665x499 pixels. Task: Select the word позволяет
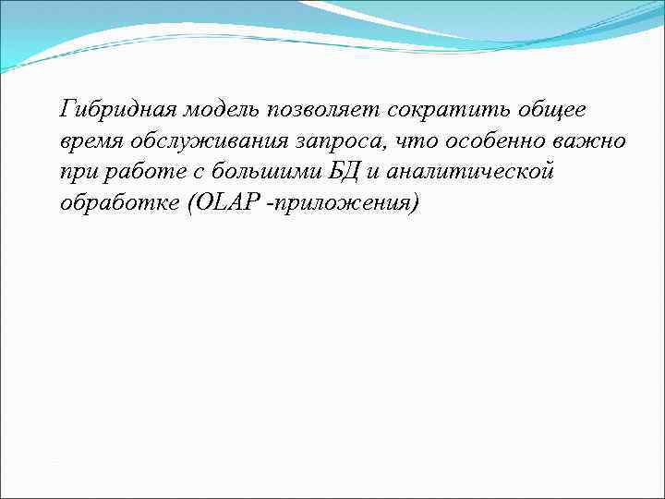click(322, 111)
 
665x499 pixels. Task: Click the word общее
click(544, 111)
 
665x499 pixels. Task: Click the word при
click(77, 172)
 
